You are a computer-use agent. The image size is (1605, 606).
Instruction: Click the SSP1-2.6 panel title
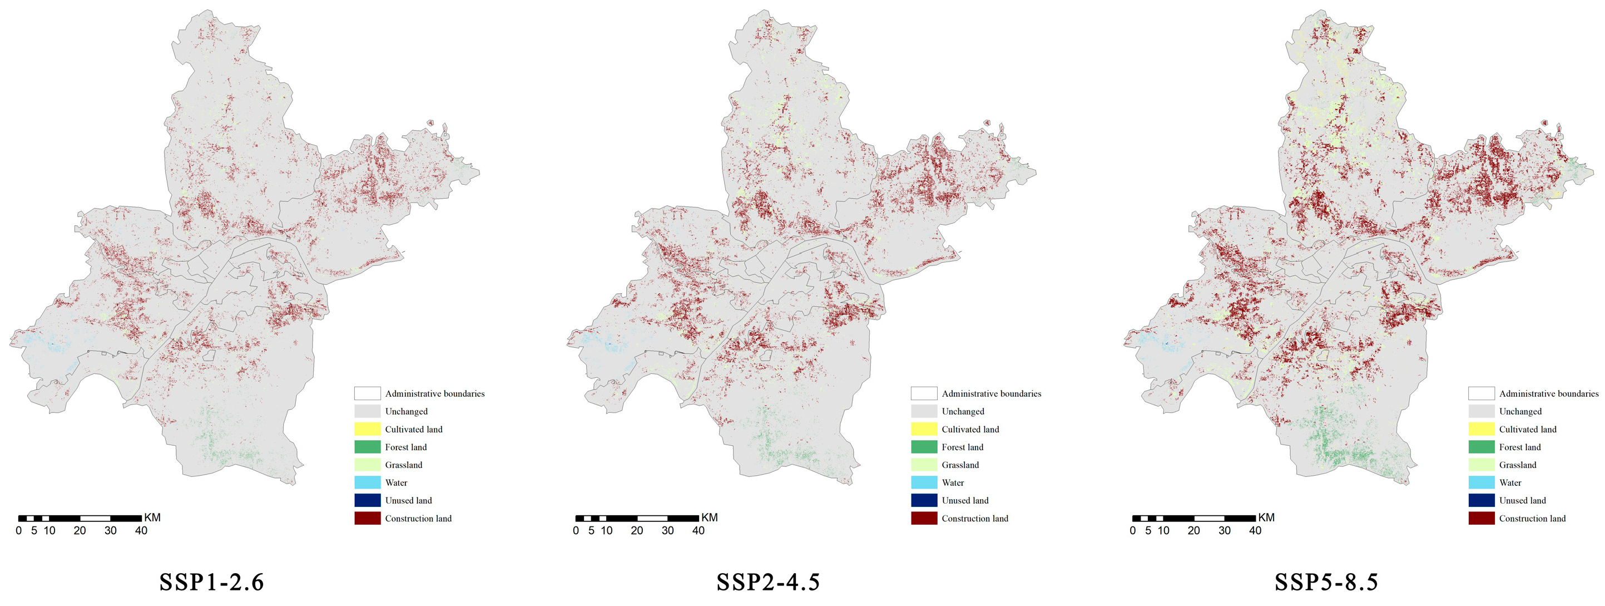coord(212,582)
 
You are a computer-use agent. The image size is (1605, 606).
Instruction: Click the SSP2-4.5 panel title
coord(768,582)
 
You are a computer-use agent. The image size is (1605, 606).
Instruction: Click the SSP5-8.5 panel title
coord(1326,582)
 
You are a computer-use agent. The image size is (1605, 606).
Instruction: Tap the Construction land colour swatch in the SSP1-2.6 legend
coord(368,518)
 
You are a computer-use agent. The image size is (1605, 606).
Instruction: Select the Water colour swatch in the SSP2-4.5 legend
coord(924,482)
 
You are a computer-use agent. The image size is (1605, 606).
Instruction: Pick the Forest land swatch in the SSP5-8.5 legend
coord(1482,447)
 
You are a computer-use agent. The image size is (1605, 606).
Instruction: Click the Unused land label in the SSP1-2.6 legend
coord(408,501)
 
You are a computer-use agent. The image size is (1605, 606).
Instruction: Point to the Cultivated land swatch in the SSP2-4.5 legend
coord(924,429)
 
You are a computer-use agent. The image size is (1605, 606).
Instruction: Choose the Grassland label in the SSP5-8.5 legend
coord(1518,465)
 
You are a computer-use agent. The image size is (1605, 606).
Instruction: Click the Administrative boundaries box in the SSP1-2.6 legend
coord(368,393)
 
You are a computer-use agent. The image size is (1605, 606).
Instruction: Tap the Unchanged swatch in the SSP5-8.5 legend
coord(1482,411)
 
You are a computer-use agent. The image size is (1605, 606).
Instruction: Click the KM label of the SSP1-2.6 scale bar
coord(152,518)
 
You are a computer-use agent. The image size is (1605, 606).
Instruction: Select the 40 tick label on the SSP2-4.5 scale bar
coord(699,530)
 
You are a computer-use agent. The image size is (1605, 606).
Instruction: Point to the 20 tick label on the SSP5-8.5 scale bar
coord(1194,530)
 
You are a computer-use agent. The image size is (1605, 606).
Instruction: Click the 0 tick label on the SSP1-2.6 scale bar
coord(19,530)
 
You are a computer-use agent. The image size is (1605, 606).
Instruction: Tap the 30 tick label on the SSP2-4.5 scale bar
coord(667,530)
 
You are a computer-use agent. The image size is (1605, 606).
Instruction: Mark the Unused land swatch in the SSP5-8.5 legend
coord(1482,501)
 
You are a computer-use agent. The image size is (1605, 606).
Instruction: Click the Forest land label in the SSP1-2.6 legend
coord(405,447)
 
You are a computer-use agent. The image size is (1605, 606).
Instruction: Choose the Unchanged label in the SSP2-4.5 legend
coord(963,411)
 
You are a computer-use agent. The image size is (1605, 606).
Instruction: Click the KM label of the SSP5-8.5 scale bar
coord(1266,518)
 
